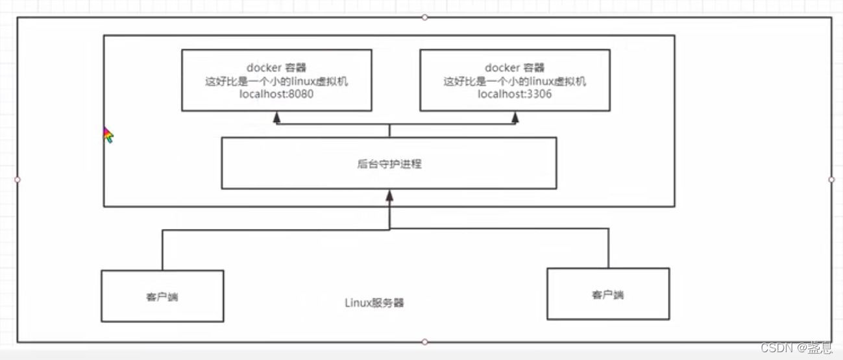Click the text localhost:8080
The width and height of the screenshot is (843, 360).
[277, 94]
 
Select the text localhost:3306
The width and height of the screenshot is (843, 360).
[515, 94]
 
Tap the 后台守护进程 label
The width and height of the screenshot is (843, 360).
[389, 164]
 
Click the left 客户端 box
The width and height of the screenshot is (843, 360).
[162, 296]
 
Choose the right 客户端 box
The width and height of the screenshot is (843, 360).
[608, 294]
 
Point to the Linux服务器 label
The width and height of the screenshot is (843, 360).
[375, 303]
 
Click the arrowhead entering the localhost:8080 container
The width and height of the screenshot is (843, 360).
[277, 117]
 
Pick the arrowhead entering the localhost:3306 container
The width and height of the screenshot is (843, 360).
[515, 117]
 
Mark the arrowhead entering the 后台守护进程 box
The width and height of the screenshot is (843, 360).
[389, 194]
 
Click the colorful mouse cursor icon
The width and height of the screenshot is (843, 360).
[108, 135]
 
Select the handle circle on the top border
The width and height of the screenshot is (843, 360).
[424, 18]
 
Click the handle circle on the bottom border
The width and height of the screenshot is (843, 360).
[424, 342]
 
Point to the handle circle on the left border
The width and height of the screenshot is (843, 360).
[18, 179]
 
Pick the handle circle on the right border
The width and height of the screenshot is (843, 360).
[831, 179]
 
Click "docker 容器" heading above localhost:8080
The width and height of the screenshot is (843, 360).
[276, 67]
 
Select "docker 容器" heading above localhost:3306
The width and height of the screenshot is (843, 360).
[515, 67]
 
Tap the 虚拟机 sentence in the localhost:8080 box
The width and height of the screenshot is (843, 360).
[276, 81]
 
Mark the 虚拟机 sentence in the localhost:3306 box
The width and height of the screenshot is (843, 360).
[515, 81]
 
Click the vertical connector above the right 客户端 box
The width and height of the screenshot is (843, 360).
[609, 248]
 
